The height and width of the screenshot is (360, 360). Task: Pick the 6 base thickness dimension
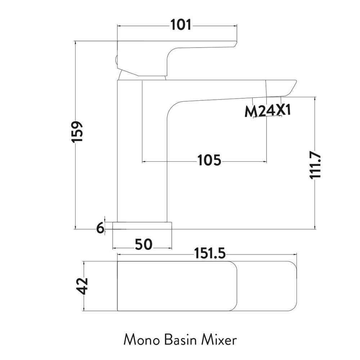[100, 228]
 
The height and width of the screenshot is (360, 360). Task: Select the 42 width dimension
[84, 286]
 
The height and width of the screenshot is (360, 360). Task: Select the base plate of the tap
[143, 226]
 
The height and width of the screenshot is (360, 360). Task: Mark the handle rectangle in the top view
[176, 286]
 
